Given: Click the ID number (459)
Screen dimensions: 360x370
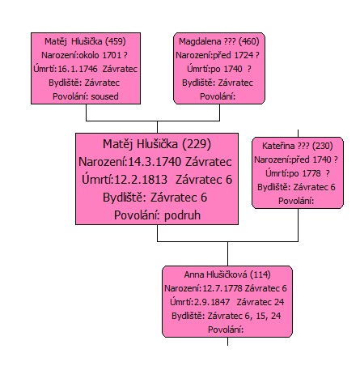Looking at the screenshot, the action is click(x=115, y=41).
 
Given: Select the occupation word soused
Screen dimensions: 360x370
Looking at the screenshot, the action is click(x=104, y=96).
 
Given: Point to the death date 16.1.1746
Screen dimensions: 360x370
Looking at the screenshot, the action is click(x=78, y=69).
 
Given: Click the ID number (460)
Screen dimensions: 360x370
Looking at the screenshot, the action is click(x=249, y=41).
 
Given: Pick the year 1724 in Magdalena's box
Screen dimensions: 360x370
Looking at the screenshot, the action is click(x=244, y=55).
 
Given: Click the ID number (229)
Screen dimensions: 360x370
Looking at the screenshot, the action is click(x=197, y=144).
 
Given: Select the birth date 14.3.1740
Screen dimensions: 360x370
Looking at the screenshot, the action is click(x=155, y=162).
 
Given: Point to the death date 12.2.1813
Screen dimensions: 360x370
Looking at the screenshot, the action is click(x=141, y=180).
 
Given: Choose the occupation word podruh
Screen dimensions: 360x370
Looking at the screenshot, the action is click(x=182, y=215).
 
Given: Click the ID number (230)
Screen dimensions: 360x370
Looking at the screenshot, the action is click(x=323, y=146).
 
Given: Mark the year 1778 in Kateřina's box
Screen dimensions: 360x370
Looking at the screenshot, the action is click(x=311, y=173).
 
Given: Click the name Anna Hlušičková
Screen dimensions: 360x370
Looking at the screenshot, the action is click(x=215, y=274).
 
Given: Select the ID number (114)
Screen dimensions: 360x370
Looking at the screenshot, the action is click(x=260, y=274).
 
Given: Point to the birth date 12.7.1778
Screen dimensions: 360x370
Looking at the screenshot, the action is click(x=222, y=288).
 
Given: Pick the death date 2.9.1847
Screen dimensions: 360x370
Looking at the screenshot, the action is click(x=212, y=302).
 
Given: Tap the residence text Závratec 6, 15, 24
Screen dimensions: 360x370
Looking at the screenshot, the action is click(x=244, y=316).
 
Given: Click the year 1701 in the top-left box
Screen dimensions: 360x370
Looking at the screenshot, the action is click(x=112, y=55).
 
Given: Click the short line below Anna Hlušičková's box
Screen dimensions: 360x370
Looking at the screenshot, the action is click(x=228, y=342).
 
